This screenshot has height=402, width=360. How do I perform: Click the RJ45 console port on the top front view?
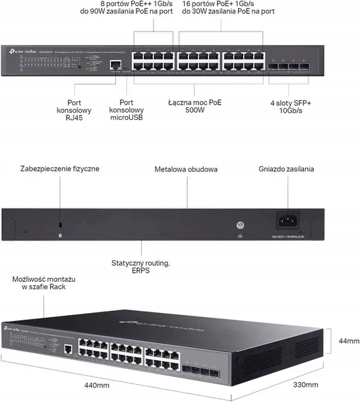116,65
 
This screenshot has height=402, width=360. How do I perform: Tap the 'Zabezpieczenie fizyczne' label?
59,169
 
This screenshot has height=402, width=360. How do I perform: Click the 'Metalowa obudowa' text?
187,169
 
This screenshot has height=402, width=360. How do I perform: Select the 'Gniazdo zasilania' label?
286,169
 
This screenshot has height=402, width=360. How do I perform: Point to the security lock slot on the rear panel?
60,225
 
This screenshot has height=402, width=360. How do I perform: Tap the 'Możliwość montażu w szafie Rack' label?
40,283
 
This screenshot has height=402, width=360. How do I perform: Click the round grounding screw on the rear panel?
241,223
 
